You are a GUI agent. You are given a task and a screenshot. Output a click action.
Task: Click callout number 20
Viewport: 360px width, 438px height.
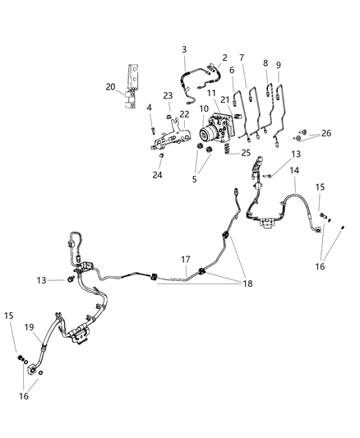pos(110,86)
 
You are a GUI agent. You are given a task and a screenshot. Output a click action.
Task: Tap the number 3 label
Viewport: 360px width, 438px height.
pos(184,49)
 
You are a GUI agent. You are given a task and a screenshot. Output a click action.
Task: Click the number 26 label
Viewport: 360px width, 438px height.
pos(327,134)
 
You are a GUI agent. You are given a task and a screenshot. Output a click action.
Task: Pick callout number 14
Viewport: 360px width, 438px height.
pos(293,170)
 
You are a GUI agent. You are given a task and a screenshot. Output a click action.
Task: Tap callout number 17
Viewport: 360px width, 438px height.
pos(186,260)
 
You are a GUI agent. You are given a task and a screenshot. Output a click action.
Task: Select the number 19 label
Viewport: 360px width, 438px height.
pos(28,326)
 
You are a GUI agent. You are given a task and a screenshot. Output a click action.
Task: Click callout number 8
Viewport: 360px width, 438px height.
pos(265,64)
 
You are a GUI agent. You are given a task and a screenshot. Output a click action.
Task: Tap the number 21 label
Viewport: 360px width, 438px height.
pos(224,99)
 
